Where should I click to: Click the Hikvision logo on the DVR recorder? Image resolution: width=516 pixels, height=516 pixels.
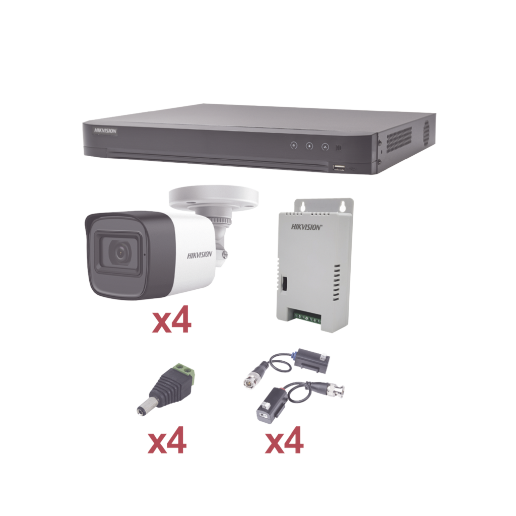(105, 131)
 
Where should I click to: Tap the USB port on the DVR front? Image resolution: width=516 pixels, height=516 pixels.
(338, 168)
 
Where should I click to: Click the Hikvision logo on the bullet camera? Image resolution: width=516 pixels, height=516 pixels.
(200, 255)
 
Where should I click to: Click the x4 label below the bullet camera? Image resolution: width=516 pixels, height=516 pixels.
(171, 319)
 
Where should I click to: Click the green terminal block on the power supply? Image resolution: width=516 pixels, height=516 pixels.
(307, 318)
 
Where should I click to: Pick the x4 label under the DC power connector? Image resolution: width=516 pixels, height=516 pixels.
(167, 440)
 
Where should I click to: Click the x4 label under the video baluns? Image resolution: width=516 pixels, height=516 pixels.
(284, 440)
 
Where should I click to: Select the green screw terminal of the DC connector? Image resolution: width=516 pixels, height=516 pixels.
(185, 372)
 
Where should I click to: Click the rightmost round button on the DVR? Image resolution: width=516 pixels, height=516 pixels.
(325, 147)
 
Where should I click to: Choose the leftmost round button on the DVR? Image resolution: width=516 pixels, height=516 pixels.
(294, 145)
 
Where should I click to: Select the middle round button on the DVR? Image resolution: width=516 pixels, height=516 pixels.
(309, 146)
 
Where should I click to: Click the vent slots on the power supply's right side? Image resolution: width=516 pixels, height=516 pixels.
(336, 283)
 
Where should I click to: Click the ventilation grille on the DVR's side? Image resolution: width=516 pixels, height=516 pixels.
(399, 140)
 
